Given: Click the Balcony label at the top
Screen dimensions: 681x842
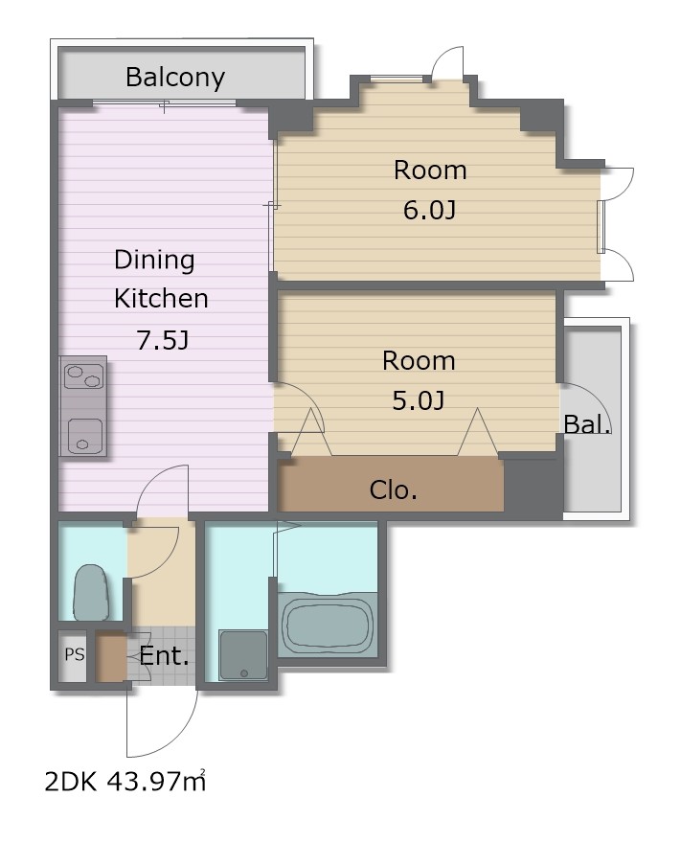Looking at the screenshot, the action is (x=175, y=78).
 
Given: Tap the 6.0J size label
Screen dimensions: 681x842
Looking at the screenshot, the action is (x=430, y=210).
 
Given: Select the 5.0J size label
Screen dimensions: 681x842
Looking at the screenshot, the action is (x=419, y=400).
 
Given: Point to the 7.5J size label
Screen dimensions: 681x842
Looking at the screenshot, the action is (x=163, y=340).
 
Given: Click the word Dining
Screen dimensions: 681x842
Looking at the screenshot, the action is (x=154, y=261).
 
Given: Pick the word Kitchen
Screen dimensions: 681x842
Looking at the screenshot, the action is (x=161, y=299).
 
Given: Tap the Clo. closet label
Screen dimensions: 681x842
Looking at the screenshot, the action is (x=393, y=489).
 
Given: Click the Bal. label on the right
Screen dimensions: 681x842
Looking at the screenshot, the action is (x=587, y=424).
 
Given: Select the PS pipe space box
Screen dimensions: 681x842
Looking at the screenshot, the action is (x=75, y=654).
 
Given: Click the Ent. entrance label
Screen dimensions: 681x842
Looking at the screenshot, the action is (x=164, y=656).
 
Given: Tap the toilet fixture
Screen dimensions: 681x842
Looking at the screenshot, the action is (x=91, y=593).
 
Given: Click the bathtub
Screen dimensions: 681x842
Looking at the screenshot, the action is (x=328, y=624).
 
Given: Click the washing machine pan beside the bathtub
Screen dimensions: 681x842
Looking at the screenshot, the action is (x=243, y=655).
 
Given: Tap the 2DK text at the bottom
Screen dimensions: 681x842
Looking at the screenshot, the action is (x=70, y=783).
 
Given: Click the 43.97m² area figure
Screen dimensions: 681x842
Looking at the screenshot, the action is (x=157, y=782).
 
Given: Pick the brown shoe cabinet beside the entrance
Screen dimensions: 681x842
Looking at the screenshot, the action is (x=111, y=658).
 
